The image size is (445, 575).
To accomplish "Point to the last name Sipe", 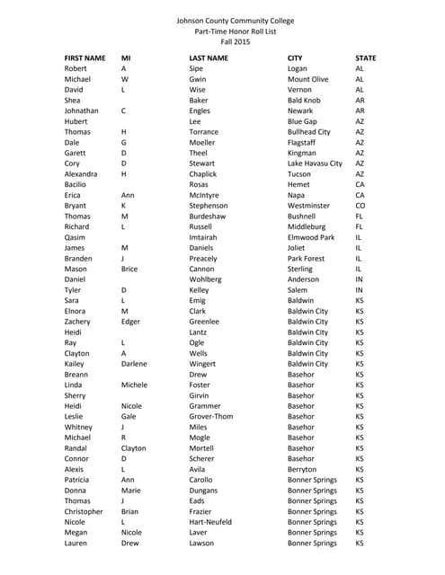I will [196, 68].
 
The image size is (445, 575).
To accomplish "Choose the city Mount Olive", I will [307, 79].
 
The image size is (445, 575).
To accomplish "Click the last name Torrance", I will [204, 132].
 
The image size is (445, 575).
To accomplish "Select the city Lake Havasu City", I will [315, 164].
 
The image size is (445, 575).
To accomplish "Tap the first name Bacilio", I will [76, 185].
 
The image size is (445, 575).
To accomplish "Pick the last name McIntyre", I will [206, 196].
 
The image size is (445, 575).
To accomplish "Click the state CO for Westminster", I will [360, 207].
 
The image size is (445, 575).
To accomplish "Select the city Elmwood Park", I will [310, 239].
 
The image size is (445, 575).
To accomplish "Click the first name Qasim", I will [76, 239].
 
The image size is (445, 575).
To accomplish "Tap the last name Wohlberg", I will [207, 281].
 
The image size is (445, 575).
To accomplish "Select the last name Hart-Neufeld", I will [213, 522].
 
